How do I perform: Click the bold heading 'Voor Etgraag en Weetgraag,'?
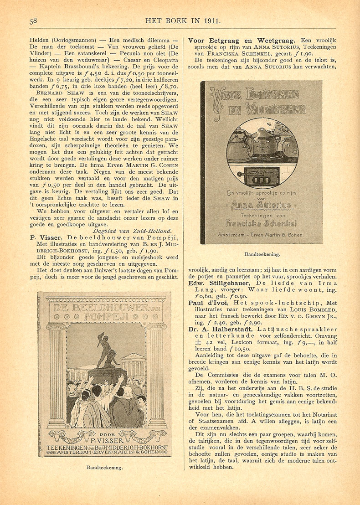pos(242,41)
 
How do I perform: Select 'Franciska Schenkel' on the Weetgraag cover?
pos(261,223)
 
